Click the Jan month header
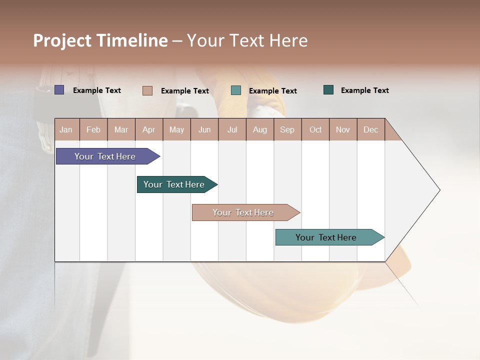tap(66, 129)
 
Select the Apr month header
tap(149, 129)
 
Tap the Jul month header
tap(232, 129)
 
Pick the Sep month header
tap(287, 129)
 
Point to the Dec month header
tap(370, 129)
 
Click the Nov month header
tap(343, 129)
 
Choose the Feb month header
tap(93, 129)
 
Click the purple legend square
tap(59, 90)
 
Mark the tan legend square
tap(147, 90)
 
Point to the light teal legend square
tap(236, 90)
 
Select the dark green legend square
tap(328, 90)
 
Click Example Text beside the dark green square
tap(364, 90)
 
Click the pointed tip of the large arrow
tap(438, 190)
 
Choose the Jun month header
tap(204, 129)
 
